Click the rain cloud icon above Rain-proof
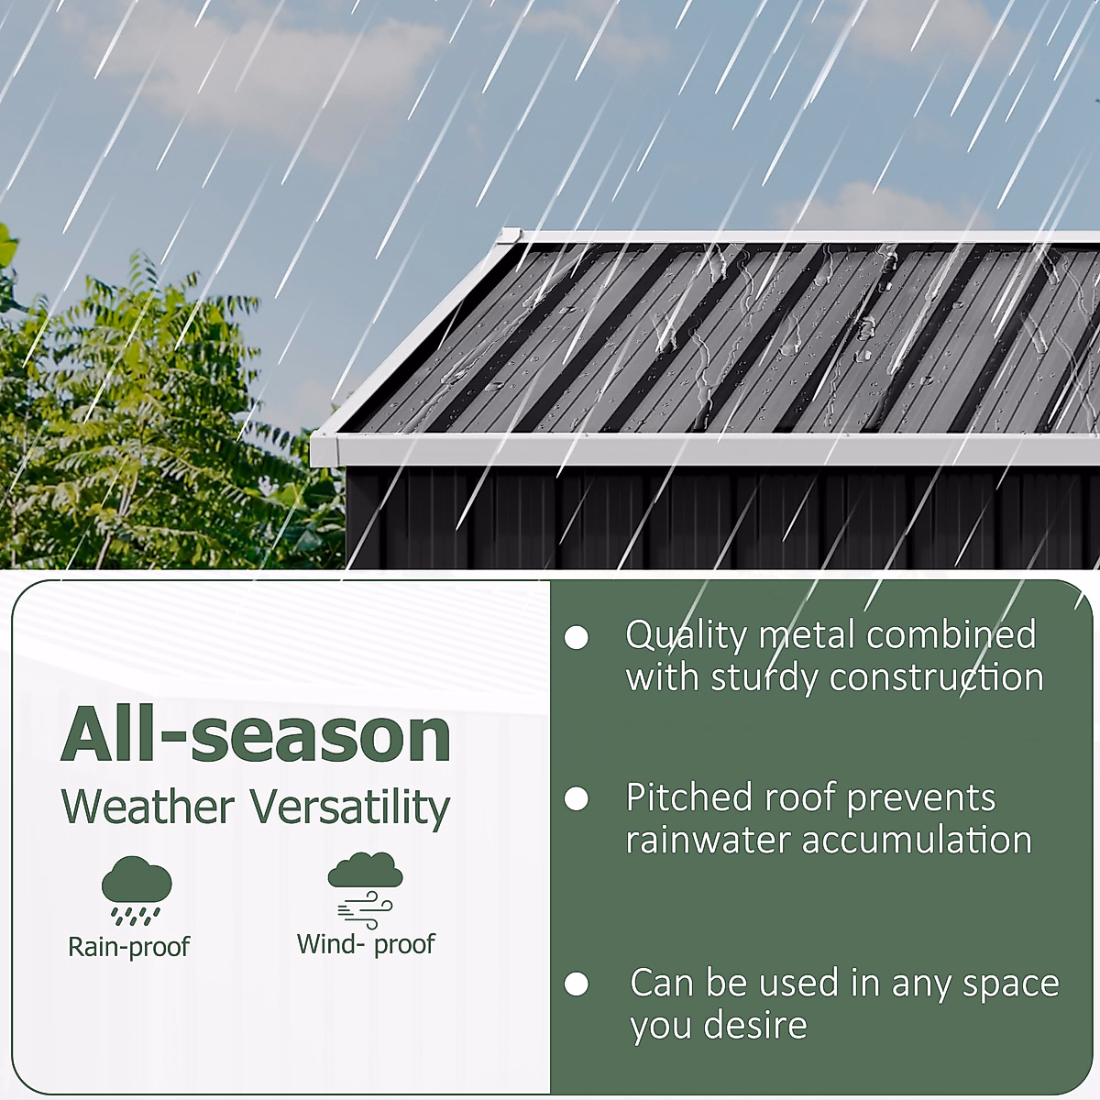pos(137,890)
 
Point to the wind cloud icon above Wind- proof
pos(365,889)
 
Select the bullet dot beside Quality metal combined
pos(576,638)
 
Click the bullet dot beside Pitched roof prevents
pos(576,798)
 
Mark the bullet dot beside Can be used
pos(576,984)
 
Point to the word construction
pos(937,678)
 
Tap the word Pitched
pos(689,797)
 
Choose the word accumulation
pos(918,840)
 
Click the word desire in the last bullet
pos(755,1025)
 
